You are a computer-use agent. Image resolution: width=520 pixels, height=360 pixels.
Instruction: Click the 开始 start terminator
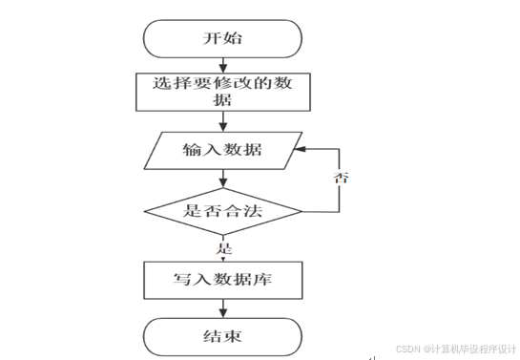[222, 39]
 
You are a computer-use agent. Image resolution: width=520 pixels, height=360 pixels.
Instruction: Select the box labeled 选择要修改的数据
[222, 93]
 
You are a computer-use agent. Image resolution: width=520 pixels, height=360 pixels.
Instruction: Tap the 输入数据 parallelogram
[222, 150]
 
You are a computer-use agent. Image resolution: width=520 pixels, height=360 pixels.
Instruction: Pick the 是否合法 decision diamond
[222, 210]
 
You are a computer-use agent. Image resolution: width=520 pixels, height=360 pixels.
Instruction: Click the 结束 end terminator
[222, 336]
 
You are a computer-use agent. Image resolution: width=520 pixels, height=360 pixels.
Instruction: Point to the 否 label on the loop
[339, 179]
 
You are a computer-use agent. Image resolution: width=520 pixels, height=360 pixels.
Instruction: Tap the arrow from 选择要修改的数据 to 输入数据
[222, 121]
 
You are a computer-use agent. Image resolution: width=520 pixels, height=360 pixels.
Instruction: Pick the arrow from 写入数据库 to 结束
[222, 307]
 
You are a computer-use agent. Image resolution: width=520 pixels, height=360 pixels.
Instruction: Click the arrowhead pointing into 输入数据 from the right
[298, 150]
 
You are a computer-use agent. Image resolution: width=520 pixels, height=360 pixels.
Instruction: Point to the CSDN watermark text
[455, 349]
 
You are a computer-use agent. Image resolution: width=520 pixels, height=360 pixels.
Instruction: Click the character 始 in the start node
[233, 39]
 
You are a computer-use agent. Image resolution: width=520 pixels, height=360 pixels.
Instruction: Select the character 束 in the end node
[233, 336]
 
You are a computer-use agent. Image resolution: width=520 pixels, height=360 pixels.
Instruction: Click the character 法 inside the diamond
[255, 210]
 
